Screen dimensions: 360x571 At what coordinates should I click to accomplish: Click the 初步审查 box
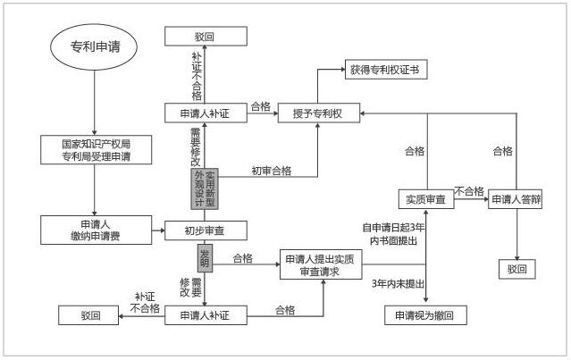[204, 230]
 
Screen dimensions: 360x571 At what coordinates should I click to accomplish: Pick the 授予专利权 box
[318, 113]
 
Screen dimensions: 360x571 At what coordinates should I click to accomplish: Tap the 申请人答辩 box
[517, 200]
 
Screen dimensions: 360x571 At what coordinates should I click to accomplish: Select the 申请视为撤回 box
[425, 315]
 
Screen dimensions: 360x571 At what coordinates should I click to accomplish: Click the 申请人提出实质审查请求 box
[324, 265]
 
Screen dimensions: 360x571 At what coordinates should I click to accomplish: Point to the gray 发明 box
[205, 258]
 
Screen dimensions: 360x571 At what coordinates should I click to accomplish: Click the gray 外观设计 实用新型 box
[205, 188]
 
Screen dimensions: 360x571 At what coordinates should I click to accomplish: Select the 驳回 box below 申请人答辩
[518, 268]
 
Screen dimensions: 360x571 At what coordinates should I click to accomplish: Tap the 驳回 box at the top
[205, 37]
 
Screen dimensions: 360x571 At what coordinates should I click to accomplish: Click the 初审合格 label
[271, 171]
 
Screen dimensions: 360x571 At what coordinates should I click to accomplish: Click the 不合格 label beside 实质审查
[471, 191]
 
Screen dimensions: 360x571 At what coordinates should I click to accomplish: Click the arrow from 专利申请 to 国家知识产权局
[95, 103]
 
